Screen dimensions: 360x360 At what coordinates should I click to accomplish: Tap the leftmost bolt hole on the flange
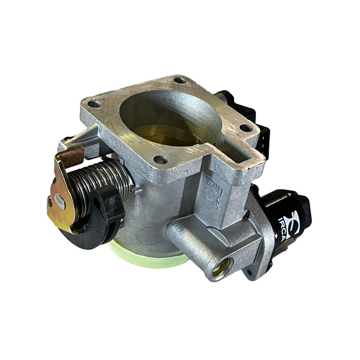pyautogui.click(x=94, y=104)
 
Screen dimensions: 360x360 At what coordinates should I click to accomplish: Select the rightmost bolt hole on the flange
pyautogui.click(x=246, y=128)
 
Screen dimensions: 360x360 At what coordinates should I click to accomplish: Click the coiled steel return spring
pyautogui.click(x=101, y=179)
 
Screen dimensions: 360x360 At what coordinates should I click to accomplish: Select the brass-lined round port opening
pyautogui.click(x=222, y=267)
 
